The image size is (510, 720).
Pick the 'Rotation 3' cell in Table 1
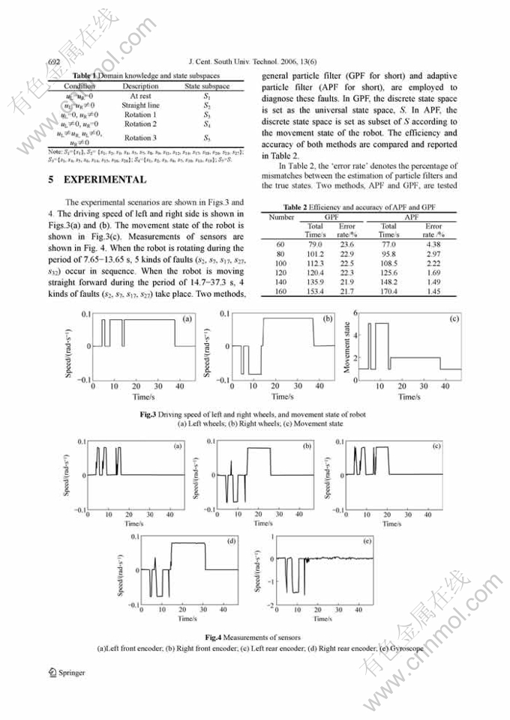140,138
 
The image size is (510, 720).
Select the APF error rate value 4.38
433,244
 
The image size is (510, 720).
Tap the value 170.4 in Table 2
388,291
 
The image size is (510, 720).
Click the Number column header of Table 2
281,217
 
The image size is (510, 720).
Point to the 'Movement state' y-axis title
347,347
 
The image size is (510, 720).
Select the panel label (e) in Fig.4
367,540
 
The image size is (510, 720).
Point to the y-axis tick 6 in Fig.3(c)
355,312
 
